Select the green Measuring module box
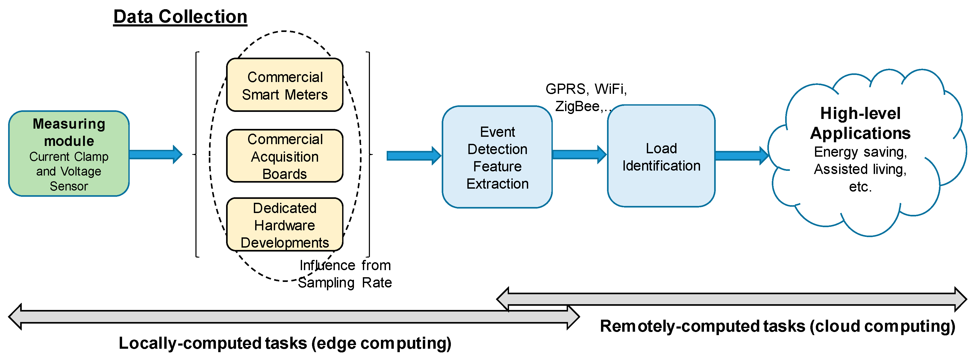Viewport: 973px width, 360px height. click(69, 153)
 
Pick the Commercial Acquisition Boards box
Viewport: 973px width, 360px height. click(285, 156)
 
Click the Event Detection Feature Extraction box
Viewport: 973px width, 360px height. click(497, 157)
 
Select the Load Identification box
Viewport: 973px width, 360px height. click(661, 156)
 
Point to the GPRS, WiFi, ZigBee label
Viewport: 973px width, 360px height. click(586, 97)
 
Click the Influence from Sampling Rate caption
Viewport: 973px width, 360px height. click(345, 274)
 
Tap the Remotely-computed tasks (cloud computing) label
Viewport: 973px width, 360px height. click(777, 326)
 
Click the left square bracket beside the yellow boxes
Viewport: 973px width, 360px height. click(196, 154)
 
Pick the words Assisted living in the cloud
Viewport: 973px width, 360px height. click(860, 169)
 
